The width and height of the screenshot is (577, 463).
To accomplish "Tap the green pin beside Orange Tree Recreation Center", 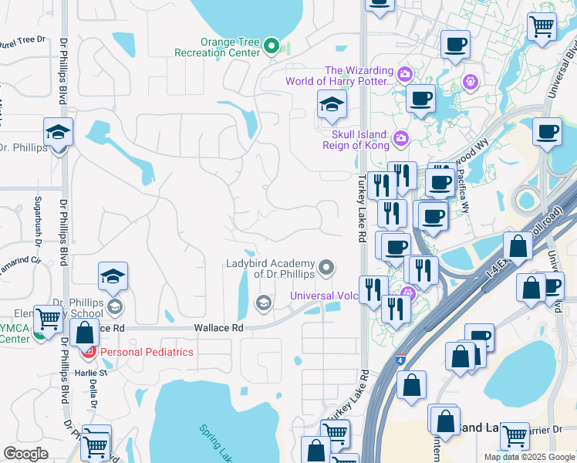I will (x=271, y=47).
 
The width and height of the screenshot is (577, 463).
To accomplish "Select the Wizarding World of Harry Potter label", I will (x=339, y=75).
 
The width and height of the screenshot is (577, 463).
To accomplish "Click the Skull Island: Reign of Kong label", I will (x=358, y=139).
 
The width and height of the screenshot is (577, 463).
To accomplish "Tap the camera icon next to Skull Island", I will (x=401, y=139).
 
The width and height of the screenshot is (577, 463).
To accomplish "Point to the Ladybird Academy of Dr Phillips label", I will (x=270, y=269).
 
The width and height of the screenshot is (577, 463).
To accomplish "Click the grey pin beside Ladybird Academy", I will (x=326, y=269).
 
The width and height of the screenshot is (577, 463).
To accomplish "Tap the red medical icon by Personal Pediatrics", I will (x=89, y=353).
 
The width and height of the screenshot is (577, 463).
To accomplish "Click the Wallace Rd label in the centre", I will (x=218, y=328).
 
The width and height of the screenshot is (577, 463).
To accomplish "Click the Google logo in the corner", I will (x=26, y=454).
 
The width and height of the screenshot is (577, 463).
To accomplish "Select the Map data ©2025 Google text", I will (x=528, y=457).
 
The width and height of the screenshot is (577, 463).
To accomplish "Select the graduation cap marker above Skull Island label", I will (x=332, y=105).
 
